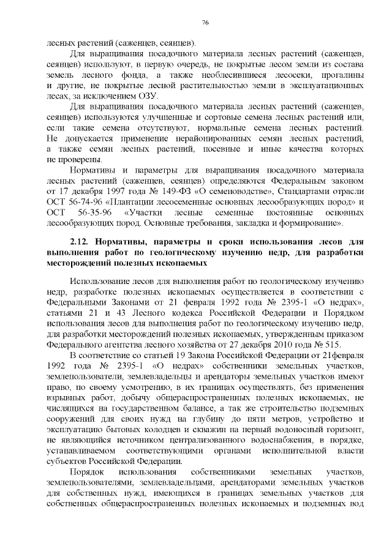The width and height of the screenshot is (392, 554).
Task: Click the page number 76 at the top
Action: (x=206, y=23)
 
